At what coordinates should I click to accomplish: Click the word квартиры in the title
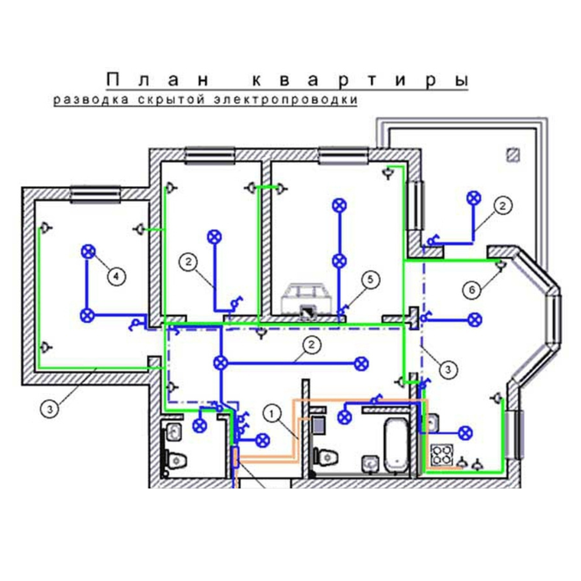[361, 80]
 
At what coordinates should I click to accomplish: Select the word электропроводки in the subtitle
[285, 100]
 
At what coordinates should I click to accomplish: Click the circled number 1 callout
[272, 414]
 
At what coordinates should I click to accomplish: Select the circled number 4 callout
[116, 277]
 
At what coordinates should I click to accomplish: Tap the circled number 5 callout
[371, 279]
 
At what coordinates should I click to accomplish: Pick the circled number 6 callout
[472, 290]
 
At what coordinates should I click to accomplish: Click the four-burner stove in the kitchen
[442, 454]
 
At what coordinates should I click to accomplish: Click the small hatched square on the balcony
[513, 155]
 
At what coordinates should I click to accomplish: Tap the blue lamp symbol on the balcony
[473, 198]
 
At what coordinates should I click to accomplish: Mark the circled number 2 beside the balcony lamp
[502, 206]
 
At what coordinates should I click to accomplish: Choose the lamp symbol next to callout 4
[88, 252]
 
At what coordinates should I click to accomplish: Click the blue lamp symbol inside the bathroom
[345, 417]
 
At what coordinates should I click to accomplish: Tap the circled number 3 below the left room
[49, 409]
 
